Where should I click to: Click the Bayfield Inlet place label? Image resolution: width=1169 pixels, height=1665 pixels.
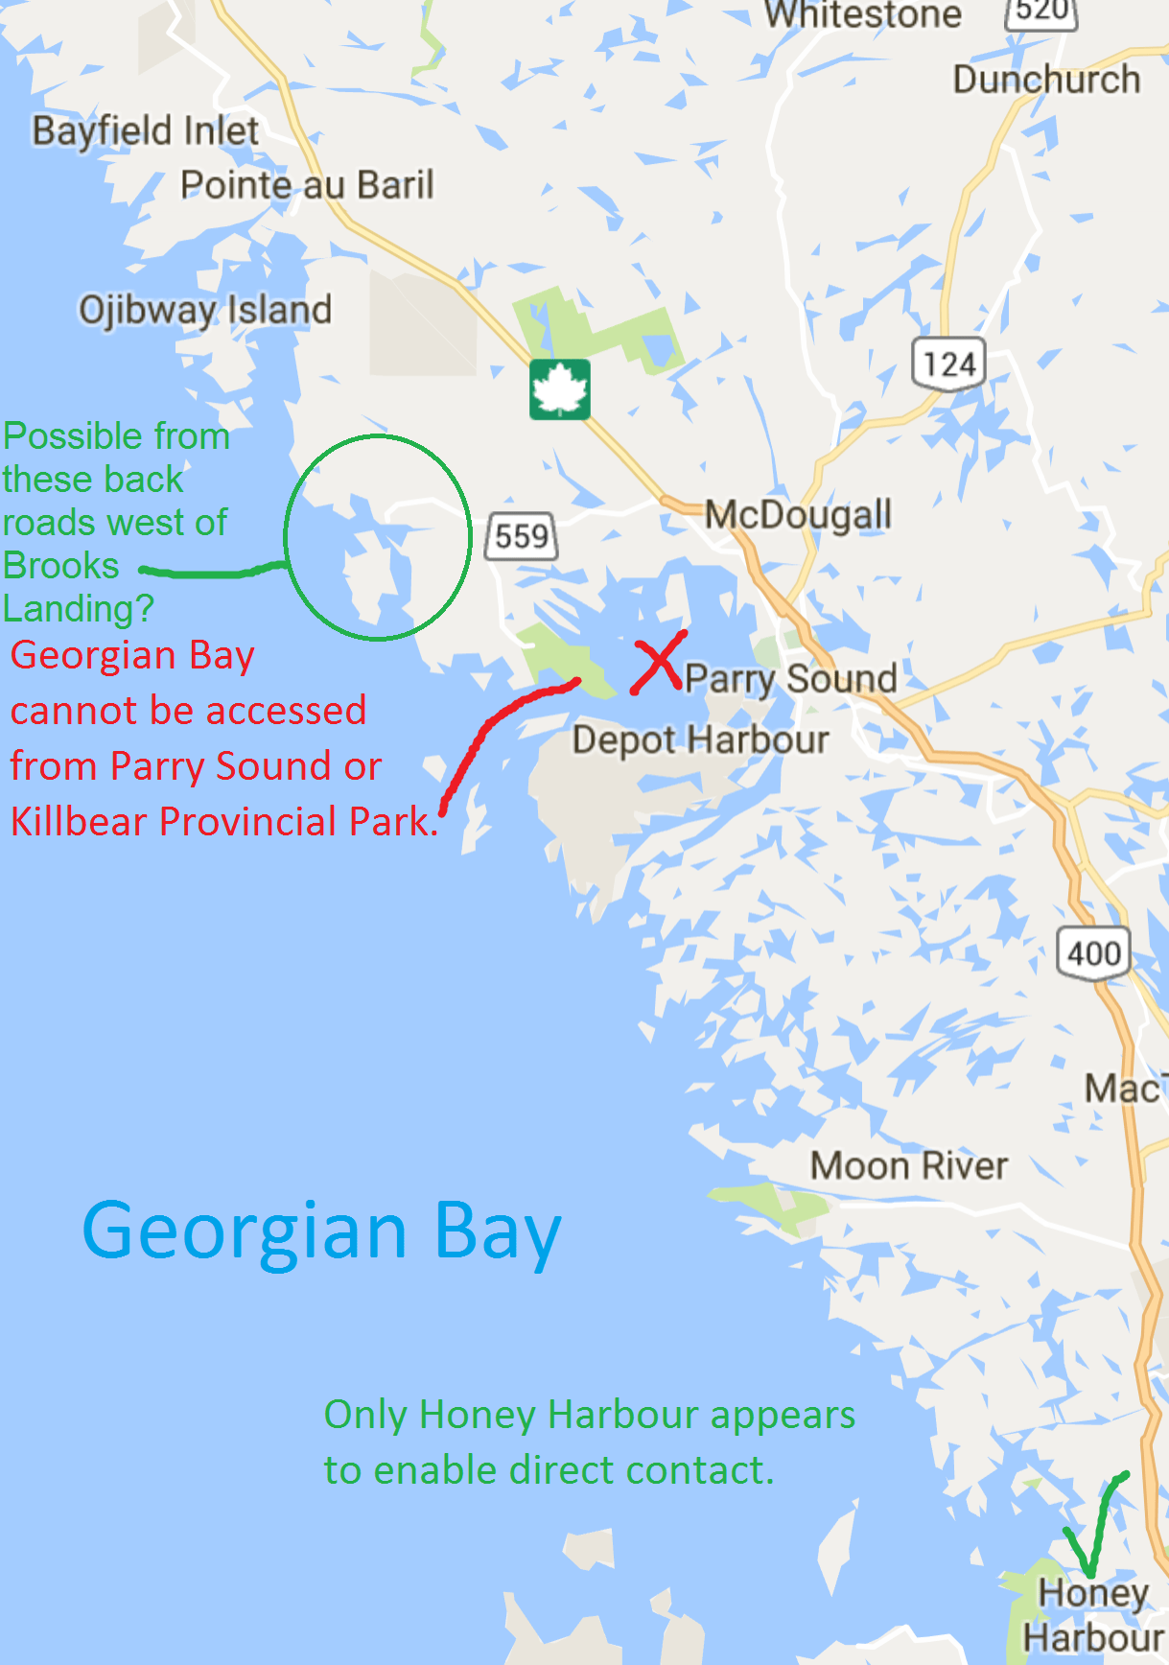(x=146, y=131)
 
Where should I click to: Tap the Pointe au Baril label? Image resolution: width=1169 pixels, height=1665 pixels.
(x=307, y=184)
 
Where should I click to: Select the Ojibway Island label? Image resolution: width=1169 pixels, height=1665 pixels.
(x=205, y=310)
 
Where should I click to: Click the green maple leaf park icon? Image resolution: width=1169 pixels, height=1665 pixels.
(x=560, y=389)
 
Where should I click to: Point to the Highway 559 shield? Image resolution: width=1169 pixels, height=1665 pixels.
(x=523, y=535)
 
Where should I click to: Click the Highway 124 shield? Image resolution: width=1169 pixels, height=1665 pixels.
(x=948, y=364)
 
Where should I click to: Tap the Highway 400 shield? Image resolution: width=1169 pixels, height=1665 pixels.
(x=1093, y=953)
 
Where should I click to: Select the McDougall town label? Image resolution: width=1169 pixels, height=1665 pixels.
(x=798, y=515)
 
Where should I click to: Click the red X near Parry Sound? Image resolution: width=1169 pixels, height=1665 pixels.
(x=658, y=662)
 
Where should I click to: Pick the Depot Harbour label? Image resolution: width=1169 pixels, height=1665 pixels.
(x=700, y=740)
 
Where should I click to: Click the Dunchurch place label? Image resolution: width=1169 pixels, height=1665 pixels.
(x=1046, y=80)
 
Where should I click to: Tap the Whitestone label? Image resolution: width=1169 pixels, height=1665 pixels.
(x=863, y=15)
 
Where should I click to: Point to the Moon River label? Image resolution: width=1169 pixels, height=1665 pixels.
(x=909, y=1166)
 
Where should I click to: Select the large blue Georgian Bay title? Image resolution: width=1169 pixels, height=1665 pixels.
(x=322, y=1232)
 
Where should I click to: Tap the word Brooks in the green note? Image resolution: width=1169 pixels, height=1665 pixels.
(x=61, y=566)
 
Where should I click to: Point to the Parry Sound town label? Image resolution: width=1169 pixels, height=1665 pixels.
(x=790, y=678)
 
